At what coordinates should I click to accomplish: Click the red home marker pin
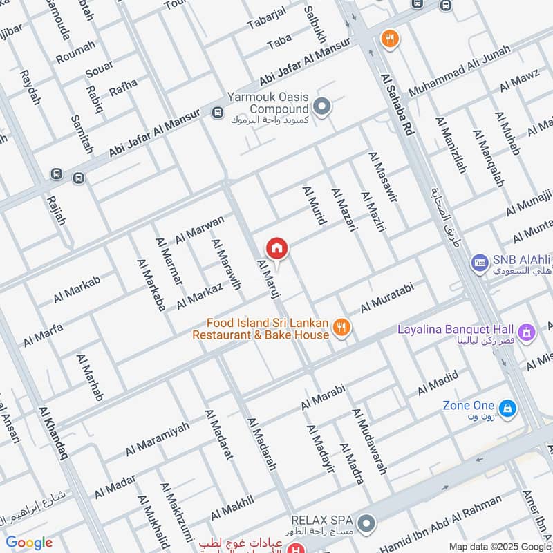[x=276, y=247]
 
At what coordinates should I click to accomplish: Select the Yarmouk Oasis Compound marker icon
[x=321, y=106]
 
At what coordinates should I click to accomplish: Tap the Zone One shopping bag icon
[x=507, y=410]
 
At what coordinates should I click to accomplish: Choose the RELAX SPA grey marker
[x=366, y=523]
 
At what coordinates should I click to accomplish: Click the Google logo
[x=29, y=543]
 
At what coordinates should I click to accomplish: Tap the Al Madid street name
[x=438, y=384]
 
